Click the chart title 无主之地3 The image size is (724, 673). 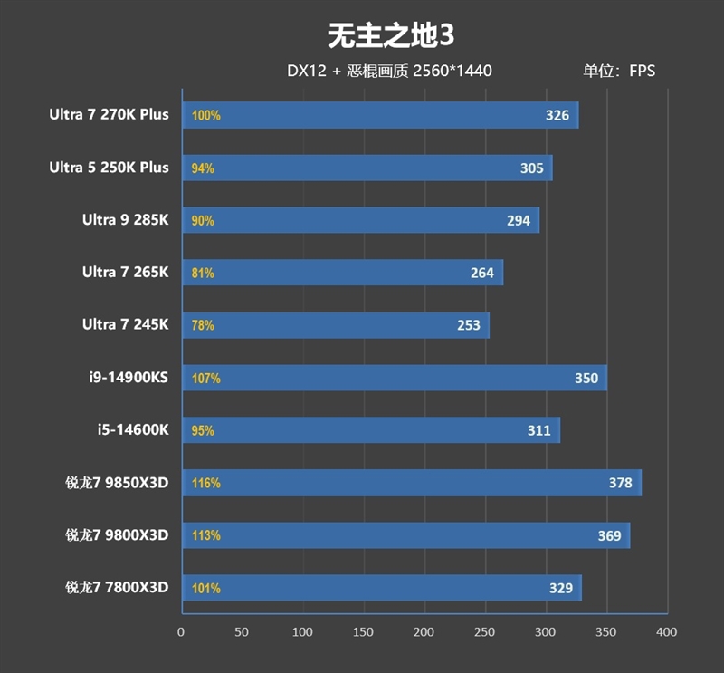(389, 35)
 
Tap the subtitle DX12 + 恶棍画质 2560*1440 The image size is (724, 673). (389, 71)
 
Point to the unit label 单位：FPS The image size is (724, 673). (619, 71)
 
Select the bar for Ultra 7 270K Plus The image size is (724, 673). (380, 116)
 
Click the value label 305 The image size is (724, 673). (532, 168)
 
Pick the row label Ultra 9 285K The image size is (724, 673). (125, 220)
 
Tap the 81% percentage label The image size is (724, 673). (203, 273)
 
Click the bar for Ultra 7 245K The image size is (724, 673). (335, 325)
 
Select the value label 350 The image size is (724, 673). (586, 379)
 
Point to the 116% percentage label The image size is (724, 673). (205, 484)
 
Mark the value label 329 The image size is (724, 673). (561, 589)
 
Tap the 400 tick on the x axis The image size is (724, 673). (667, 631)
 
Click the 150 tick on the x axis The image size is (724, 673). (364, 631)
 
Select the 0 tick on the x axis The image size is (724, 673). (181, 631)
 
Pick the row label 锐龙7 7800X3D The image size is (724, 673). (117, 588)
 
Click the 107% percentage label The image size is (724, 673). (205, 379)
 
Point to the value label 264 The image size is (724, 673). (482, 273)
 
